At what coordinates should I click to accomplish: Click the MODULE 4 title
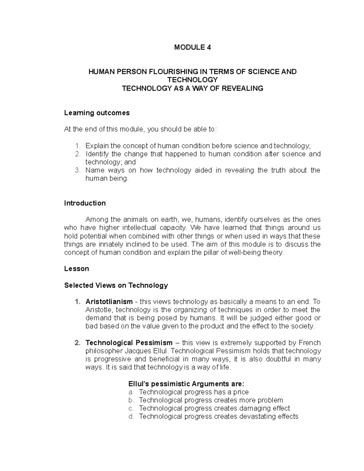click(192, 47)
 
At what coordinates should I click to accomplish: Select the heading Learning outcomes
click(97, 113)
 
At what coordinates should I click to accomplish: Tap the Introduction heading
click(85, 203)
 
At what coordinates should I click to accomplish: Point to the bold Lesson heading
click(76, 269)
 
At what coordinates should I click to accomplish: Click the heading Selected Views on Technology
click(116, 285)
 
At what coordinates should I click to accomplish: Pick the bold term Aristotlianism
click(109, 302)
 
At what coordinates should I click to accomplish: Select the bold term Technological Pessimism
click(129, 343)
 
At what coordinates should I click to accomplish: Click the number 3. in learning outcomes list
click(78, 170)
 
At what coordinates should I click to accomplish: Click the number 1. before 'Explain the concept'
click(78, 146)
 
